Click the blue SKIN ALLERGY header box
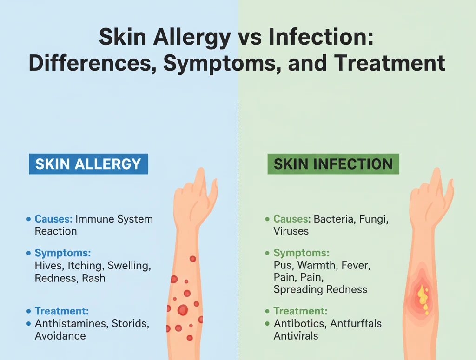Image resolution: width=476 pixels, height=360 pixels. pyautogui.click(x=88, y=164)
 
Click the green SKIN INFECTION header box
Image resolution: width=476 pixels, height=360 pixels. pyautogui.click(x=333, y=164)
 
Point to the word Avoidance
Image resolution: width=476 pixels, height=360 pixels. pyautogui.click(x=60, y=336)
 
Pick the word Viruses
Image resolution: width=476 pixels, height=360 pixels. pyautogui.click(x=291, y=231)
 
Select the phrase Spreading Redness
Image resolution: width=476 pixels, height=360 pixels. pyautogui.click(x=320, y=289)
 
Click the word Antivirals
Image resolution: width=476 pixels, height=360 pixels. pyautogui.click(x=296, y=335)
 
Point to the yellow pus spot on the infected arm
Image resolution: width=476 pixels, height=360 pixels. pyautogui.click(x=423, y=297)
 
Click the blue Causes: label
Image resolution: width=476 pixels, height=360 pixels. pyautogui.click(x=53, y=219)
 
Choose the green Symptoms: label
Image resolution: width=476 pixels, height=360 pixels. pyautogui.click(x=301, y=253)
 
